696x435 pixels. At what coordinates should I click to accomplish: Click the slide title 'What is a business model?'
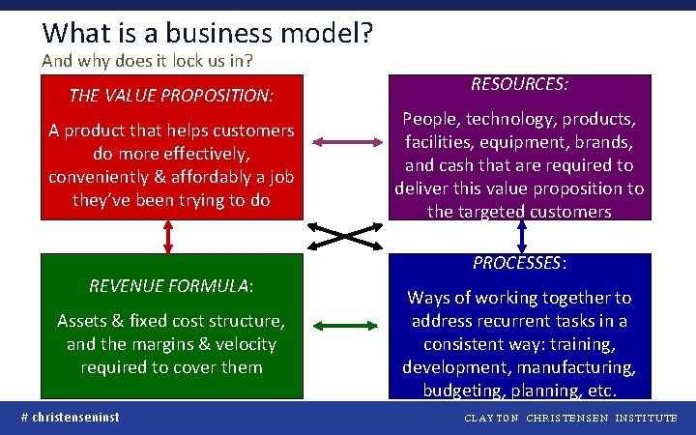(208, 33)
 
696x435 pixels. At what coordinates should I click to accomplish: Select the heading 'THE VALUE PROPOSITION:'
(171, 96)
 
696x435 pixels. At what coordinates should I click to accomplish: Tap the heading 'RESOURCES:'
(519, 84)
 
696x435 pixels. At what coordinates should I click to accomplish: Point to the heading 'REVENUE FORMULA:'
(171, 286)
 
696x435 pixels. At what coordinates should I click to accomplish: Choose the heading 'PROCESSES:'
(519, 263)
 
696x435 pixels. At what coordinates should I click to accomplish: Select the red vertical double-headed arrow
(169, 236)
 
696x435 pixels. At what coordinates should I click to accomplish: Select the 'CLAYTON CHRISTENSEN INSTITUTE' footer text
(571, 419)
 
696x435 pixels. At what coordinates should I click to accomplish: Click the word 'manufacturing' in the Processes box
(583, 368)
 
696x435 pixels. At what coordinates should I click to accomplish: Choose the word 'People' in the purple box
(431, 120)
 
